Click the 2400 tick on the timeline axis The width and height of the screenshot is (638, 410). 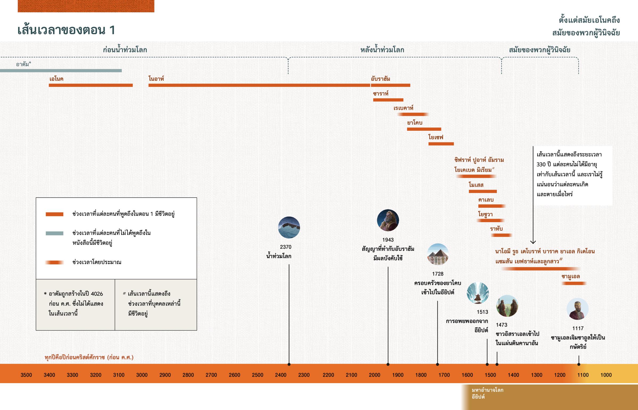point(281,375)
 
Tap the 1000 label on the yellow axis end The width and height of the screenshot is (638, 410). point(606,375)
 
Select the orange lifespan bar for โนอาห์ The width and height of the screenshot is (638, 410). point(259,85)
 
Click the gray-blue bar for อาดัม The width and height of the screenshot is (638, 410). point(61,71)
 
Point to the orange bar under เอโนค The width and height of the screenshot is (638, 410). point(91,85)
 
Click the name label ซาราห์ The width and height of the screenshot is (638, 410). point(380,94)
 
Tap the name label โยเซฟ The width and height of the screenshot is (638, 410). point(436,137)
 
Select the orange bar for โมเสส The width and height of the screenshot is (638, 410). point(482,191)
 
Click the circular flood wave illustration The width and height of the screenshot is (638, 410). point(289,227)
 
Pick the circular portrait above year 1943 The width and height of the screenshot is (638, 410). point(388,220)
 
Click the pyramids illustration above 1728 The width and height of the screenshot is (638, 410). point(438,254)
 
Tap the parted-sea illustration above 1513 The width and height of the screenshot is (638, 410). point(478,293)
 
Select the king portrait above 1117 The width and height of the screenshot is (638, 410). point(577,309)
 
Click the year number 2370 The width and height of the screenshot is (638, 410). point(286,247)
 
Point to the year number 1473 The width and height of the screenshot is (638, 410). point(501,325)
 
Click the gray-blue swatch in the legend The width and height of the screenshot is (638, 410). point(54,233)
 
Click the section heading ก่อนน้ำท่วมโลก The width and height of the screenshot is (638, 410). point(125,50)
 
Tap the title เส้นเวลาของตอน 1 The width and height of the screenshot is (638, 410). point(66,30)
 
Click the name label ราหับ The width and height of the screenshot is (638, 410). point(496,229)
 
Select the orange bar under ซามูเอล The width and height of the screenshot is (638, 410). point(574,283)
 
